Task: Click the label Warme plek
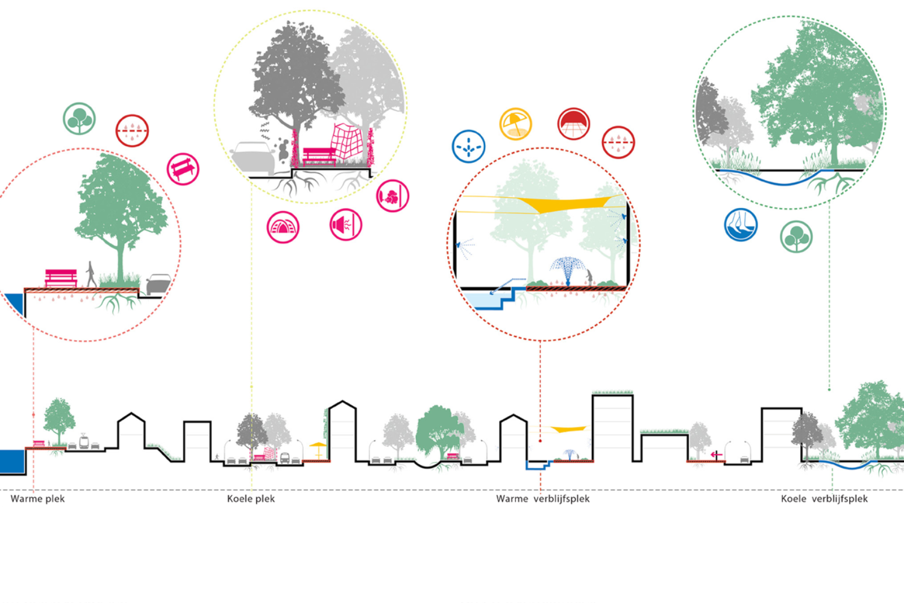[x=37, y=499]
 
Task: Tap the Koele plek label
[x=251, y=499]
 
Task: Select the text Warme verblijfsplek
[x=542, y=499]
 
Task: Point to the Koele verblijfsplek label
[x=824, y=499]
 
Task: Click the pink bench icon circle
[x=183, y=169]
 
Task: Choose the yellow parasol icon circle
[x=515, y=124]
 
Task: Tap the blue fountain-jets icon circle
[x=468, y=147]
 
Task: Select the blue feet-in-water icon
[x=741, y=225]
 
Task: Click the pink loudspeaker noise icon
[x=346, y=225]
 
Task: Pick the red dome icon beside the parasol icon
[x=573, y=124]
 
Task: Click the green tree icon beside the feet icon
[x=796, y=236]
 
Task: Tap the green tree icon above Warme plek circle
[x=79, y=118]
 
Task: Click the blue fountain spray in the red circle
[x=568, y=267]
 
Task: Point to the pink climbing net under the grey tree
[x=348, y=142]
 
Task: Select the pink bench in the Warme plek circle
[x=61, y=277]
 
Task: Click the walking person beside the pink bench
[x=91, y=274]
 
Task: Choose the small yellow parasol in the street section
[x=318, y=448]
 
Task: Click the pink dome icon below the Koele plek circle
[x=283, y=227]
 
